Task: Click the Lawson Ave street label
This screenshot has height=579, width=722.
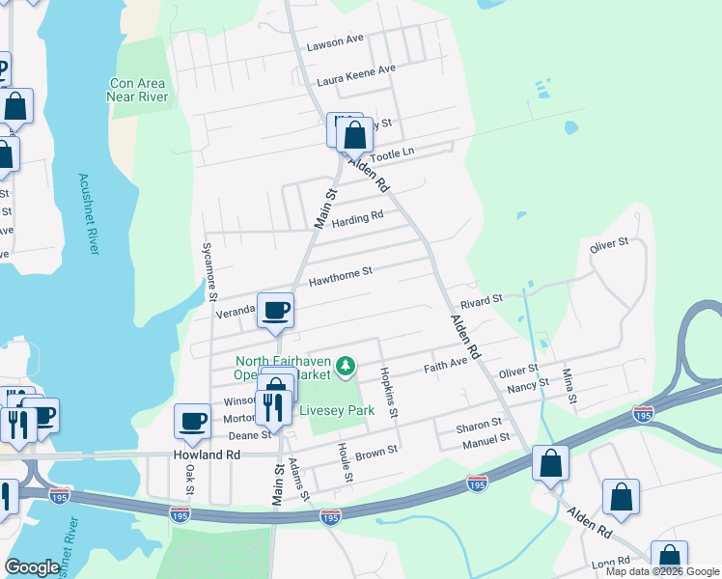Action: pyautogui.click(x=334, y=41)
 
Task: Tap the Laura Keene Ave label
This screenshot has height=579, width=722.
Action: pyautogui.click(x=356, y=70)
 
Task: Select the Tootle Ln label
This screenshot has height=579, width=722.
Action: pyautogui.click(x=392, y=154)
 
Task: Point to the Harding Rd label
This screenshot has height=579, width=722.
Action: pyautogui.click(x=357, y=221)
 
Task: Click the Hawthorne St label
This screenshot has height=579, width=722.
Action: pyautogui.click(x=340, y=278)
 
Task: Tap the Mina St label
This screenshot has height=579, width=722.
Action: pyautogui.click(x=570, y=385)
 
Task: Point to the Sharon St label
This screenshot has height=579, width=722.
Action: pyautogui.click(x=479, y=424)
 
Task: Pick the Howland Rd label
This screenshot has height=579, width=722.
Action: pyautogui.click(x=206, y=454)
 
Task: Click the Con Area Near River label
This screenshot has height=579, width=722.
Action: pyautogui.click(x=139, y=90)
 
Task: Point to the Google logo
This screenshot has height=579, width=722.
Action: pyautogui.click(x=33, y=567)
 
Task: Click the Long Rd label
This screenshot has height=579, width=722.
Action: pyautogui.click(x=610, y=561)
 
